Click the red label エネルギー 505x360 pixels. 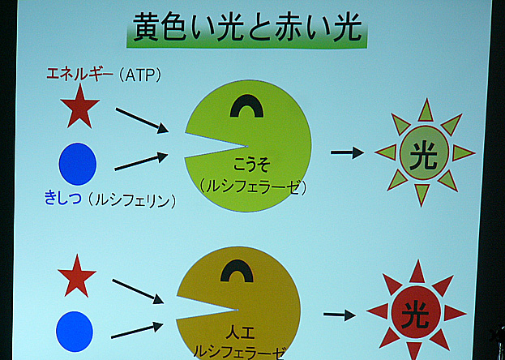[80, 75]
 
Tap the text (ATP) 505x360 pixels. [139, 75]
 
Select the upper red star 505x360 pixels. [80, 106]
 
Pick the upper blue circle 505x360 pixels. [78, 164]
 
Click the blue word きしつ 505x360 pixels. [62, 199]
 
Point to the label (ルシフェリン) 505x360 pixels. [132, 200]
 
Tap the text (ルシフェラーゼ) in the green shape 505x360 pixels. [252, 187]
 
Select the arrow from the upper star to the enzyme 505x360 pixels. [142, 121]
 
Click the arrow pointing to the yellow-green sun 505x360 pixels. [347, 152]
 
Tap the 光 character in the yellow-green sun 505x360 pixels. [423, 156]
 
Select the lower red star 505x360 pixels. [77, 276]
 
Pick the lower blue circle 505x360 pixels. [75, 332]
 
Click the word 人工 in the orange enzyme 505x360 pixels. [238, 334]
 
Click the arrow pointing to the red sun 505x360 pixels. [340, 315]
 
